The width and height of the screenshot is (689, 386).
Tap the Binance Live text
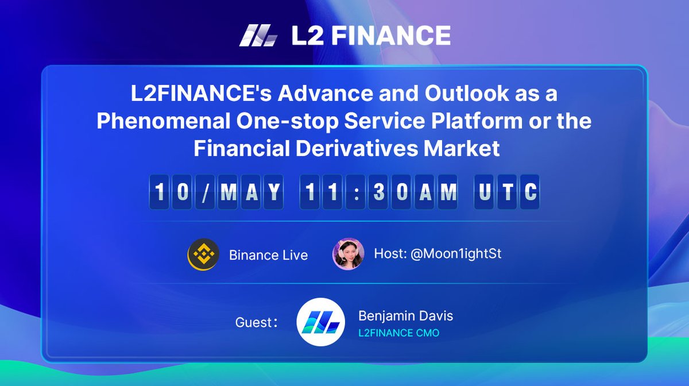point(268,255)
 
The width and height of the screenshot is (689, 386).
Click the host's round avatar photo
point(349,254)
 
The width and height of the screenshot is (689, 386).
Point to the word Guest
point(253,322)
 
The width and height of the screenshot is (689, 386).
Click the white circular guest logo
point(320,322)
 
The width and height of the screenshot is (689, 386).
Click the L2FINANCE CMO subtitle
point(399,333)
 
